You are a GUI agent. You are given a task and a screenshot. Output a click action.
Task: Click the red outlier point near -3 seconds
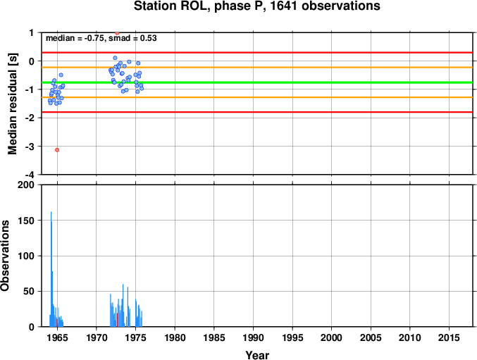[57, 150]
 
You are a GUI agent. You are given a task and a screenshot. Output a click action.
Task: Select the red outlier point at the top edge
[117, 33]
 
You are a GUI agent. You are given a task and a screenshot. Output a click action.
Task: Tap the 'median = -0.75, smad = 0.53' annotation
[101, 38]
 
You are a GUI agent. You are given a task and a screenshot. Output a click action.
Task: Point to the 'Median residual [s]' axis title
[13, 104]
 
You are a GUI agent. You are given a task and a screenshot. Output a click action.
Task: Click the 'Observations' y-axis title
[5, 256]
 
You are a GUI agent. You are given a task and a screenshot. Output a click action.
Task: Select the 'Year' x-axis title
[257, 355]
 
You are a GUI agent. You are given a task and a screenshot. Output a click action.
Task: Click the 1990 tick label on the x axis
[253, 337]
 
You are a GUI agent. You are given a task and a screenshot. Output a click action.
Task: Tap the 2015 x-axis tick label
[449, 337]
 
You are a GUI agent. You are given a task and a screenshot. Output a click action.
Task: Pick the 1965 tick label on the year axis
[57, 337]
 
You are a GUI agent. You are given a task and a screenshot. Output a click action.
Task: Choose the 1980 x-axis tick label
[175, 337]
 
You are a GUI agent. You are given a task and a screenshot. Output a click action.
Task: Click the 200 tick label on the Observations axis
[26, 185]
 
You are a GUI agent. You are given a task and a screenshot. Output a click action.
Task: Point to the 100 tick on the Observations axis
[26, 256]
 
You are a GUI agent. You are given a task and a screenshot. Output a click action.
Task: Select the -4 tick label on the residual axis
[30, 175]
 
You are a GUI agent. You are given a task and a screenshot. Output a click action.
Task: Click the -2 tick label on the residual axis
[30, 118]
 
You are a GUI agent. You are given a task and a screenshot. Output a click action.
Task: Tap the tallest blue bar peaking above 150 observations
[51, 269]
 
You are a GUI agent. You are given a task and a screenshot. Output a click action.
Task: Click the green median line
[257, 82]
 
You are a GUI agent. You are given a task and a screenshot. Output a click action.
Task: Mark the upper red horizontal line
[257, 53]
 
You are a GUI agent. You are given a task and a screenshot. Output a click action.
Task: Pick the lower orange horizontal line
[257, 97]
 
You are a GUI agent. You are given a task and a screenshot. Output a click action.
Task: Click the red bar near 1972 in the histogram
[117, 320]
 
